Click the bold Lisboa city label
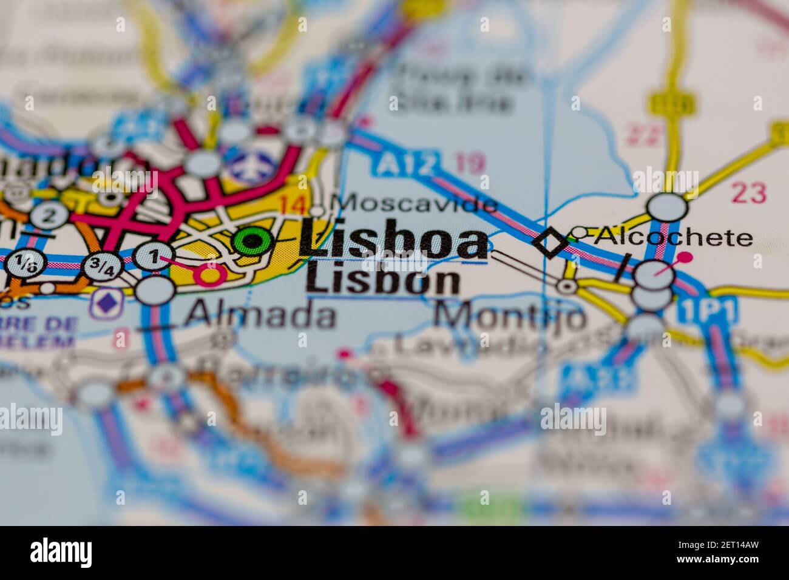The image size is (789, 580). [x=393, y=241]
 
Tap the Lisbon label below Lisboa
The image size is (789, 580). [x=384, y=280]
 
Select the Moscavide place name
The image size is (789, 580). [x=416, y=203]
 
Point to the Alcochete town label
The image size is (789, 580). [x=673, y=237]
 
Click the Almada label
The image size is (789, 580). [x=260, y=315]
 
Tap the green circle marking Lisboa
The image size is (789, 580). [x=252, y=241]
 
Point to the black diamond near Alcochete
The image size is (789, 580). [x=550, y=243]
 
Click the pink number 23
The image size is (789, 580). [x=748, y=193]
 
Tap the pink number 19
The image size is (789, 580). [x=470, y=163]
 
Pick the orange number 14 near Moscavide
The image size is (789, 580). [x=293, y=205]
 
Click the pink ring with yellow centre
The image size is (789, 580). [x=210, y=275]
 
